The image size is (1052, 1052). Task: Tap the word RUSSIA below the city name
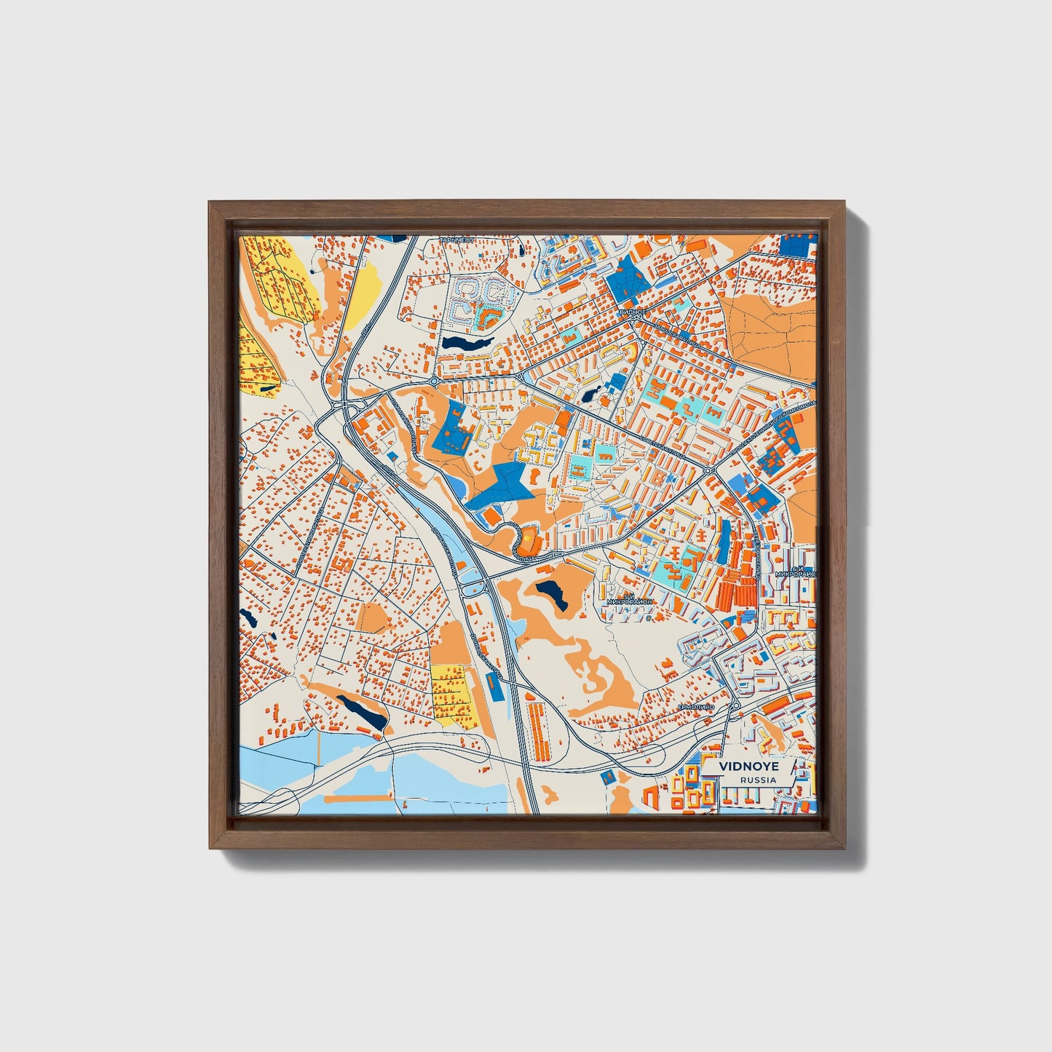757,780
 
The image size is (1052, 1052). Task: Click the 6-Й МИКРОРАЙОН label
797,572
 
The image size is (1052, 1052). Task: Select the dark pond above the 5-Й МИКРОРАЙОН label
551,594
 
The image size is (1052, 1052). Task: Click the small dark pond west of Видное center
591,394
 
